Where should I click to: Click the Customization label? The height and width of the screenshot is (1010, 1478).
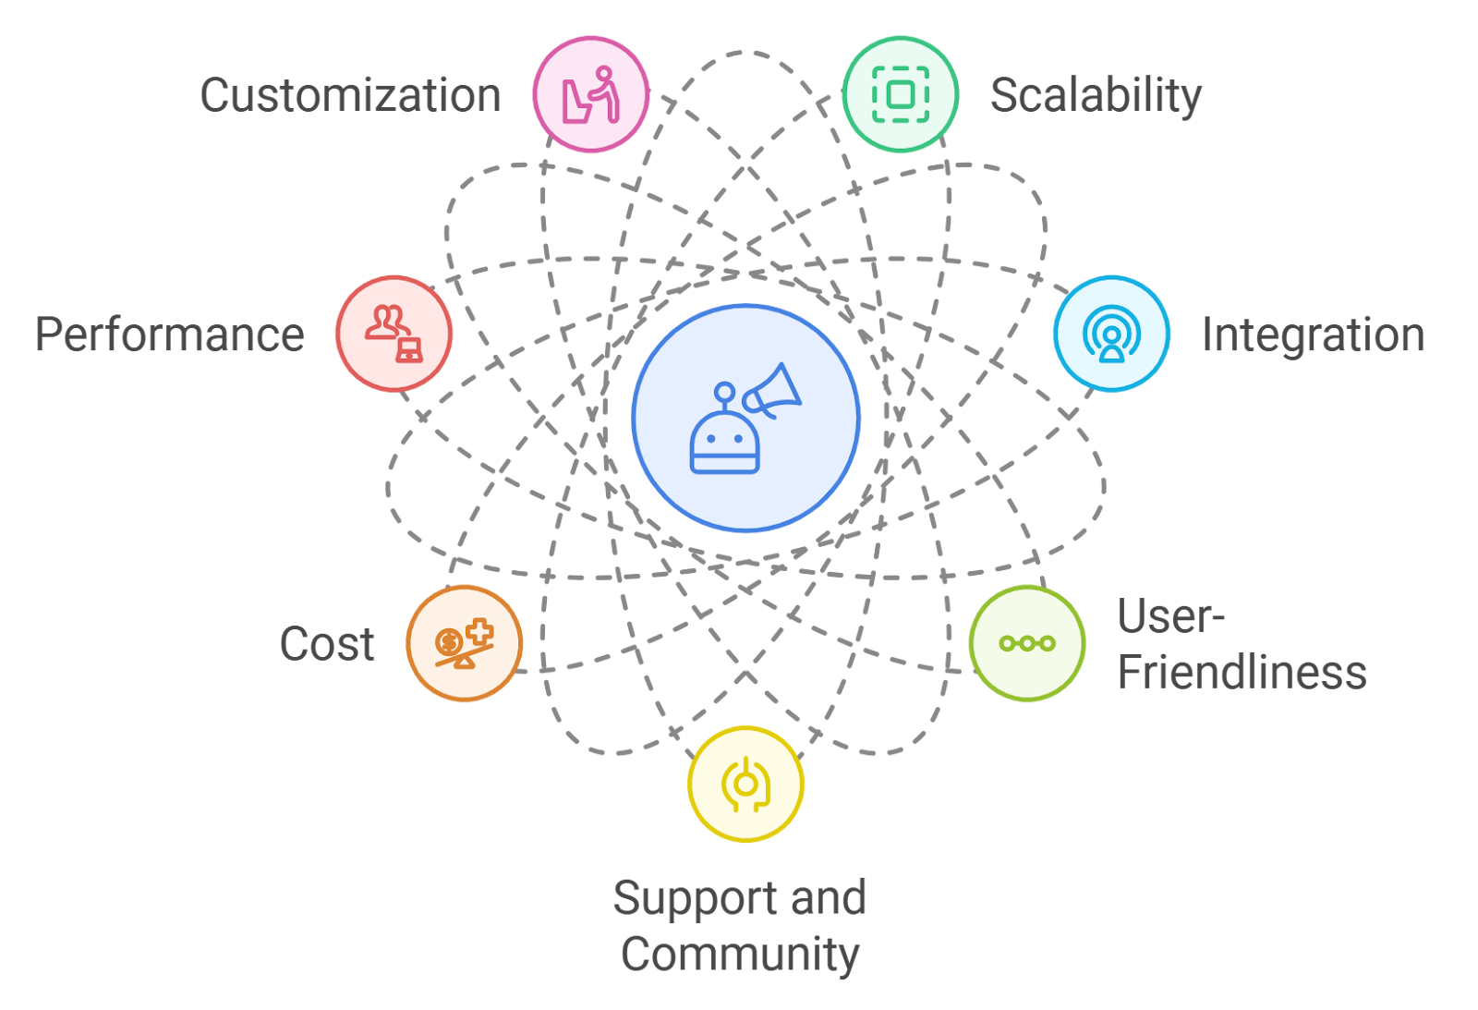tap(350, 95)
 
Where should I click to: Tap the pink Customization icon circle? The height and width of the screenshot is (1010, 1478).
tap(591, 94)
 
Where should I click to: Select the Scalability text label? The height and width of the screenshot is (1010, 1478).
tap(1096, 95)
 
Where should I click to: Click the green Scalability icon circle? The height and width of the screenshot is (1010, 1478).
tap(901, 94)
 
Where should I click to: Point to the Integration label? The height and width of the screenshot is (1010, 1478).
tap(1313, 335)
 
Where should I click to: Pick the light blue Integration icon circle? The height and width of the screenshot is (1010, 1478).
tap(1112, 334)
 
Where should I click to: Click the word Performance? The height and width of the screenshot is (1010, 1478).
tap(169, 335)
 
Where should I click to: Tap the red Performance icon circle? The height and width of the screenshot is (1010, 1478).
tap(394, 334)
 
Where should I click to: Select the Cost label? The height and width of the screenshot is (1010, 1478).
tap(327, 644)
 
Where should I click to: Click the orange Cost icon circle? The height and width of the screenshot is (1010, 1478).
tap(465, 643)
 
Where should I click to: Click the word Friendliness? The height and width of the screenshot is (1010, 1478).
tap(1242, 673)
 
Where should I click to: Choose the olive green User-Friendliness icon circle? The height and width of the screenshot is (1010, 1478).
tap(1027, 643)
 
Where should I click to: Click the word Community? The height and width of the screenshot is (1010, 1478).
tap(740, 955)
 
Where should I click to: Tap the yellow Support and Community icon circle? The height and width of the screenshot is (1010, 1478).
tap(745, 784)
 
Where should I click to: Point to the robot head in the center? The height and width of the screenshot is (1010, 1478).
tap(725, 443)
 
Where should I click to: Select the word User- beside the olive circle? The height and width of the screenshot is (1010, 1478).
tap(1170, 616)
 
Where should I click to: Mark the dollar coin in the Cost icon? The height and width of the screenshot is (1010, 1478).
tap(449, 641)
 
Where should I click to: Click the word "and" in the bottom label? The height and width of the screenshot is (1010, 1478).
tap(829, 898)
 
